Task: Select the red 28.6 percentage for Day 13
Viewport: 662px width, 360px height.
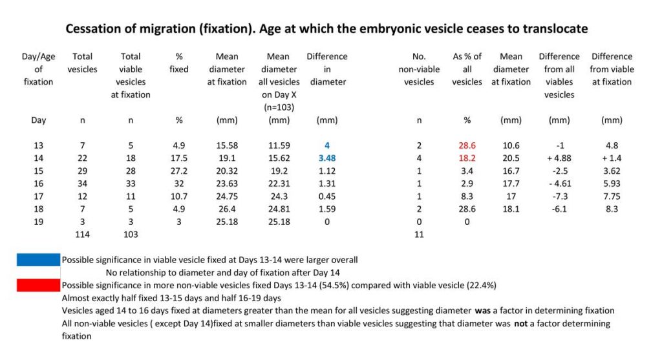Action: pos(467,145)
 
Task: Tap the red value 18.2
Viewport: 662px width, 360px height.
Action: pos(467,158)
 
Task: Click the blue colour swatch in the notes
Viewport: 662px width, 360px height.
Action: pos(38,259)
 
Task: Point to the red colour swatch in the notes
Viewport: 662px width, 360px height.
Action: pos(38,285)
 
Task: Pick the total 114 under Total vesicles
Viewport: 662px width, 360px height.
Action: pos(83,233)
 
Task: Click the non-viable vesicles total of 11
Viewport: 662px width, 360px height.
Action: pos(420,233)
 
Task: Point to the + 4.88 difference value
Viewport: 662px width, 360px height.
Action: pos(559,158)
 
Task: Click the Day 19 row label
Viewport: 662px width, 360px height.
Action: pos(38,221)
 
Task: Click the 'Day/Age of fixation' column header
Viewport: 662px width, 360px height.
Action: pos(38,69)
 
